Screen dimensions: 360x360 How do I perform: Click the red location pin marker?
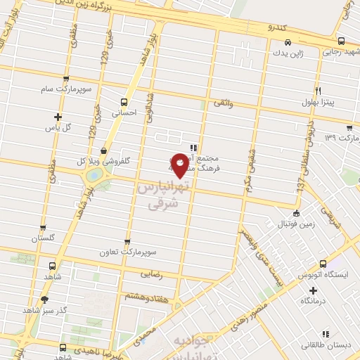181,164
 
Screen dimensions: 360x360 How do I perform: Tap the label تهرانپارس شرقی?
171,195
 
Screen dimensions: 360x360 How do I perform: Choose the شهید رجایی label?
340,52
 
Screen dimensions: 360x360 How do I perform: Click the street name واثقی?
240,104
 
